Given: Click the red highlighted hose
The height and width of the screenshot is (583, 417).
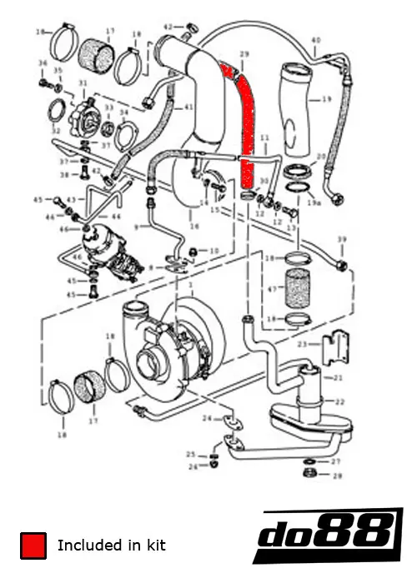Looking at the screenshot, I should pos(246,125).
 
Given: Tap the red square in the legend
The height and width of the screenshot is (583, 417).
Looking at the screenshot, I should pos(34,546).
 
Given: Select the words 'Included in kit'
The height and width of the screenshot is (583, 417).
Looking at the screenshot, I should pos(111,546).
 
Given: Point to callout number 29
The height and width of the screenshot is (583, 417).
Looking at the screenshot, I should pos(244,55).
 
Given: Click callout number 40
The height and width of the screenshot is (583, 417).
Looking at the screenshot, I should pos(316,39).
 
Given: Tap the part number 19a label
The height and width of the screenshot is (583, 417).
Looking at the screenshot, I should pos(314,202).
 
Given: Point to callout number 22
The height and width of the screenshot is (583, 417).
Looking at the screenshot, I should pos(339,401).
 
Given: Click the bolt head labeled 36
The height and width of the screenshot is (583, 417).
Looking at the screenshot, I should pos(43,84).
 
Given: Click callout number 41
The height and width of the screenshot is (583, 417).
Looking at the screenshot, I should pos(188,107).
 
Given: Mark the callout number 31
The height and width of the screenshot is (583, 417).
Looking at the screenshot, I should pos(83,84).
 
